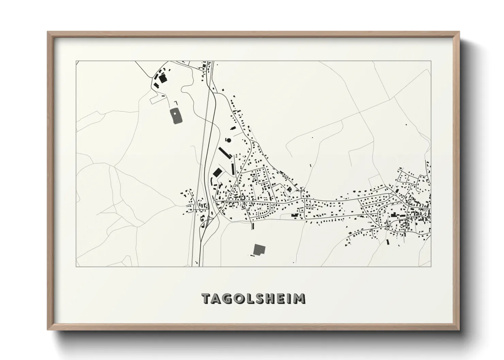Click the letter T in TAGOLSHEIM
(207, 298)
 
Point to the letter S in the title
(263, 298)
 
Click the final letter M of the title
(300, 298)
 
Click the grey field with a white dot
(176, 116)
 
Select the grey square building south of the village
(259, 249)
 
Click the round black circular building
(229, 140)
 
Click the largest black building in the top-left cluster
(163, 79)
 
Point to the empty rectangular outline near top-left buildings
(158, 99)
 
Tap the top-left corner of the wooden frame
(48, 32)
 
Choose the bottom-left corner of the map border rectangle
(76, 266)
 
